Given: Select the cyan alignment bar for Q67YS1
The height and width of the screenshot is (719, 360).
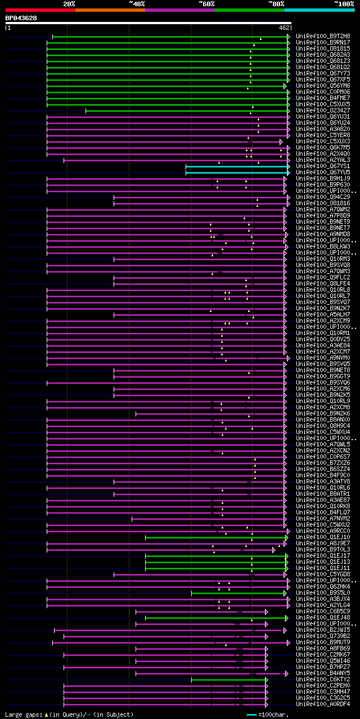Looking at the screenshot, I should tap(237, 166).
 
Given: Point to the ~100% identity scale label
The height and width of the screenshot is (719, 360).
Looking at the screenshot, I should tap(343, 4).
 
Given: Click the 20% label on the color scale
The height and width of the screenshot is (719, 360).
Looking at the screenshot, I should tap(69, 4).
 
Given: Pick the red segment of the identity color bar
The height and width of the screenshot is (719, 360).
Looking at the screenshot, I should tap(40, 10).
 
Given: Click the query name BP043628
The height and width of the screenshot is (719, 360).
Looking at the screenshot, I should tap(21, 18).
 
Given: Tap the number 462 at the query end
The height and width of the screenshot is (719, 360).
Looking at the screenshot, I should tap(284, 27).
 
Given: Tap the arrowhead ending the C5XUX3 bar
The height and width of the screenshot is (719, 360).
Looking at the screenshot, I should tap(281, 141).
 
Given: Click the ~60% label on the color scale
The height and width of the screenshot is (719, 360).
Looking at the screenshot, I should tap(206, 4).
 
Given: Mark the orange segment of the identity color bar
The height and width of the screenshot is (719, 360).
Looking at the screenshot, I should tap(110, 10).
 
